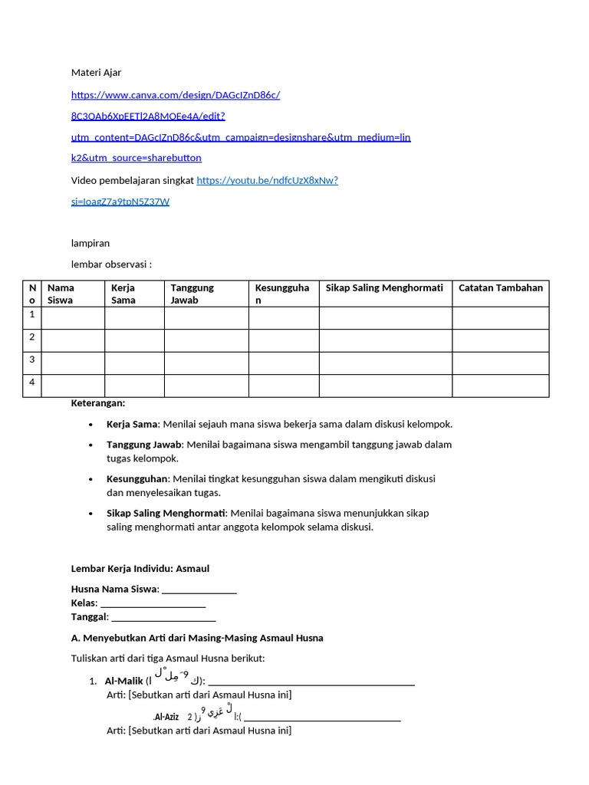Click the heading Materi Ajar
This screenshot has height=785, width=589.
click(96, 73)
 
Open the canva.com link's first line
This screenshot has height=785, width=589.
click(176, 95)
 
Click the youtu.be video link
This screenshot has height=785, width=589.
click(267, 181)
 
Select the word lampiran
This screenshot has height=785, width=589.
click(90, 243)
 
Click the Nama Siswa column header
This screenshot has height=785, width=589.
click(61, 294)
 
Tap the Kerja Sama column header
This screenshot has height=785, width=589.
click(123, 294)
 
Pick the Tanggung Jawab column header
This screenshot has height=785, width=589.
click(192, 294)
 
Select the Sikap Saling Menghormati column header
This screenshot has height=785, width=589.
click(384, 288)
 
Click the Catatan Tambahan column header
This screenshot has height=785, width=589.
click(500, 288)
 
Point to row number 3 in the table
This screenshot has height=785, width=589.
click(32, 360)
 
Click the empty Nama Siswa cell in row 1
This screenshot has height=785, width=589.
click(73, 318)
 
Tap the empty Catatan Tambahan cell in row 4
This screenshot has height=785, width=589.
click(500, 386)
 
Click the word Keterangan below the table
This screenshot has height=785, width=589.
click(98, 403)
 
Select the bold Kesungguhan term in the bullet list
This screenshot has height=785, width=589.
click(137, 478)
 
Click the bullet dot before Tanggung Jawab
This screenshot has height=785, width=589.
click(91, 445)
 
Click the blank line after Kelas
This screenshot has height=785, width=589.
click(153, 603)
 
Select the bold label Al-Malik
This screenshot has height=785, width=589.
click(123, 681)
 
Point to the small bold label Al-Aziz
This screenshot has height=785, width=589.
click(166, 717)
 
